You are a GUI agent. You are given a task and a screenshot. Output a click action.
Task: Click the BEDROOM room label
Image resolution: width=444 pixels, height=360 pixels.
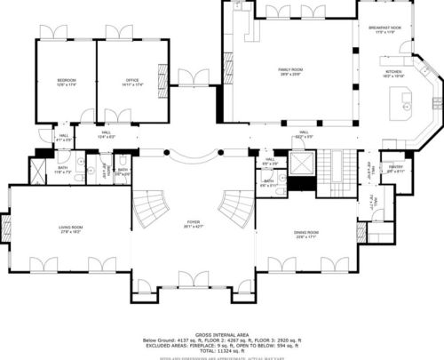pyautogui.click(x=66, y=81)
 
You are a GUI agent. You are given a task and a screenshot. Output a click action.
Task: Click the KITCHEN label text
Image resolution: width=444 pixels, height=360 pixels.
pyautogui.click(x=393, y=73)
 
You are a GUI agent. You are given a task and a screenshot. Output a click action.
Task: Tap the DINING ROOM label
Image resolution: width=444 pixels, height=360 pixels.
pyautogui.click(x=305, y=234)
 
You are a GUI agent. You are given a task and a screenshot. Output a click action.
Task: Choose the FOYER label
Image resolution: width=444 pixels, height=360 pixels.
pyautogui.click(x=193, y=226)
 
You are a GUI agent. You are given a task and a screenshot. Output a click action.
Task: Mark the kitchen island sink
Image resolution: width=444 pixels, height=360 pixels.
pyautogui.click(x=408, y=107)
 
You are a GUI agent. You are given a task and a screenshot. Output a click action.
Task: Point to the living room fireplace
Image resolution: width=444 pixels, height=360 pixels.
pyautogui.click(x=6, y=230)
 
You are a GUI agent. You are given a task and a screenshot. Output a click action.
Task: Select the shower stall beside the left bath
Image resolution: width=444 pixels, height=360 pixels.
pyautogui.click(x=39, y=171)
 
